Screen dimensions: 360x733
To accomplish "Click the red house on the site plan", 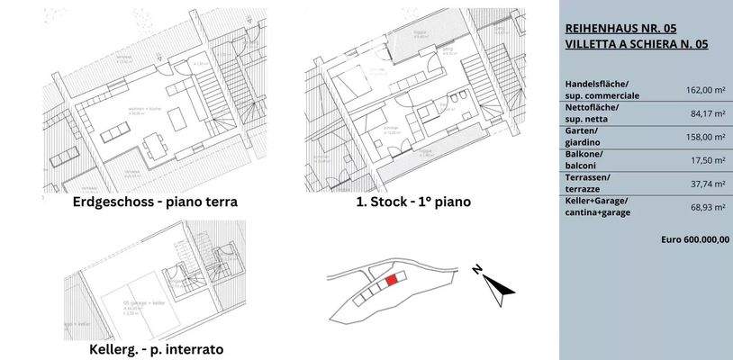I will (x=391, y=281).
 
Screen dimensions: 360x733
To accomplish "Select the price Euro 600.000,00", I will (x=694, y=240).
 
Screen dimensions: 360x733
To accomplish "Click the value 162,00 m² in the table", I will (x=706, y=90).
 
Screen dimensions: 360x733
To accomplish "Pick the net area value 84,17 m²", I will (x=708, y=113).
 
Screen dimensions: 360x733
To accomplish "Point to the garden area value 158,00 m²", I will (x=706, y=137).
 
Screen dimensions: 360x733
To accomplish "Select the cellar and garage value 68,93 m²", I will (x=708, y=207).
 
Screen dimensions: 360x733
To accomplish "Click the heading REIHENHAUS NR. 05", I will (x=620, y=27).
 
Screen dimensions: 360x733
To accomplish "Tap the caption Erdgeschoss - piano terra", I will (x=155, y=202).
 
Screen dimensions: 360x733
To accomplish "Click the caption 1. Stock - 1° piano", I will (x=413, y=202).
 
